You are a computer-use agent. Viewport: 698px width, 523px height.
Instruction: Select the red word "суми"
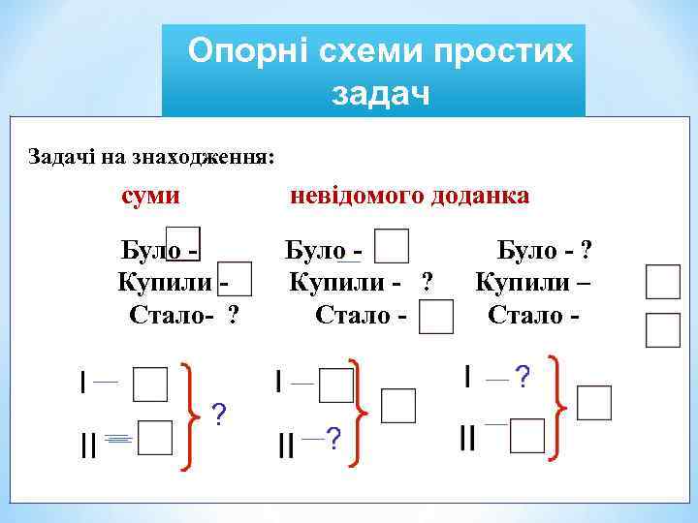[x=149, y=196]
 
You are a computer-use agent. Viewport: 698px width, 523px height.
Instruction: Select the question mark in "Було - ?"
[x=585, y=251]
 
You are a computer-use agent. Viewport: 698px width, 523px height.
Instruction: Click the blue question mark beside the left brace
[x=219, y=415]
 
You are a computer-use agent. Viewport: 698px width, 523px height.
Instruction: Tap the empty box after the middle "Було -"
[x=390, y=247]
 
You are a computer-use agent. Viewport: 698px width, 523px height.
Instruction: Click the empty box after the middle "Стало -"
[x=436, y=317]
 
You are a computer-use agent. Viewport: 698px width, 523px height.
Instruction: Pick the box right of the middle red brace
[x=397, y=406]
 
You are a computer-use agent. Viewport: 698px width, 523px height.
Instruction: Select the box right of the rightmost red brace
[x=593, y=402]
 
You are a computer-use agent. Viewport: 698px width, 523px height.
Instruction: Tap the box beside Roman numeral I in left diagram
[x=150, y=383]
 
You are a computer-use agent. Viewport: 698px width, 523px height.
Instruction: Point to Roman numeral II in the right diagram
[x=467, y=438]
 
